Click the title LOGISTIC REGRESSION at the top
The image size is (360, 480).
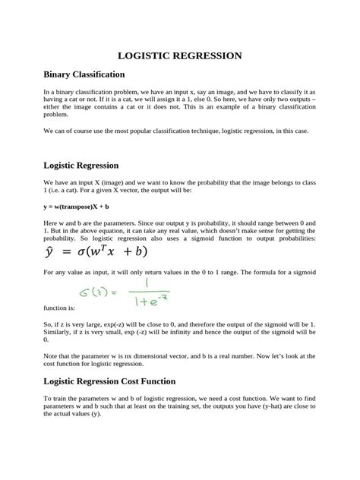click(x=179, y=55)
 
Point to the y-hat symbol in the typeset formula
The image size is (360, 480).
click(x=51, y=251)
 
